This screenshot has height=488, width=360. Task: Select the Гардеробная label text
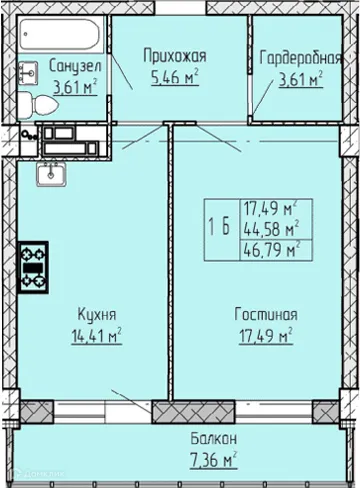point(296,56)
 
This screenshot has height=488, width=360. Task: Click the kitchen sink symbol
point(50,176)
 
